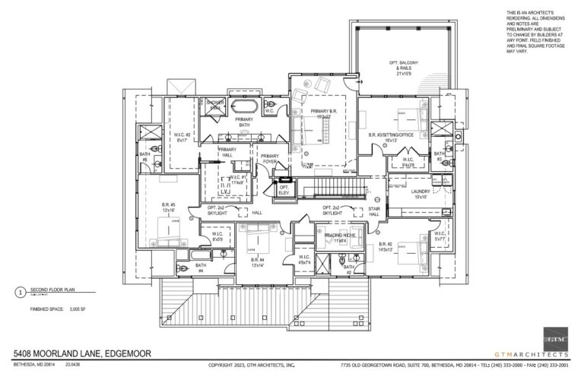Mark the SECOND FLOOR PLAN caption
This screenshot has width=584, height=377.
49,290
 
